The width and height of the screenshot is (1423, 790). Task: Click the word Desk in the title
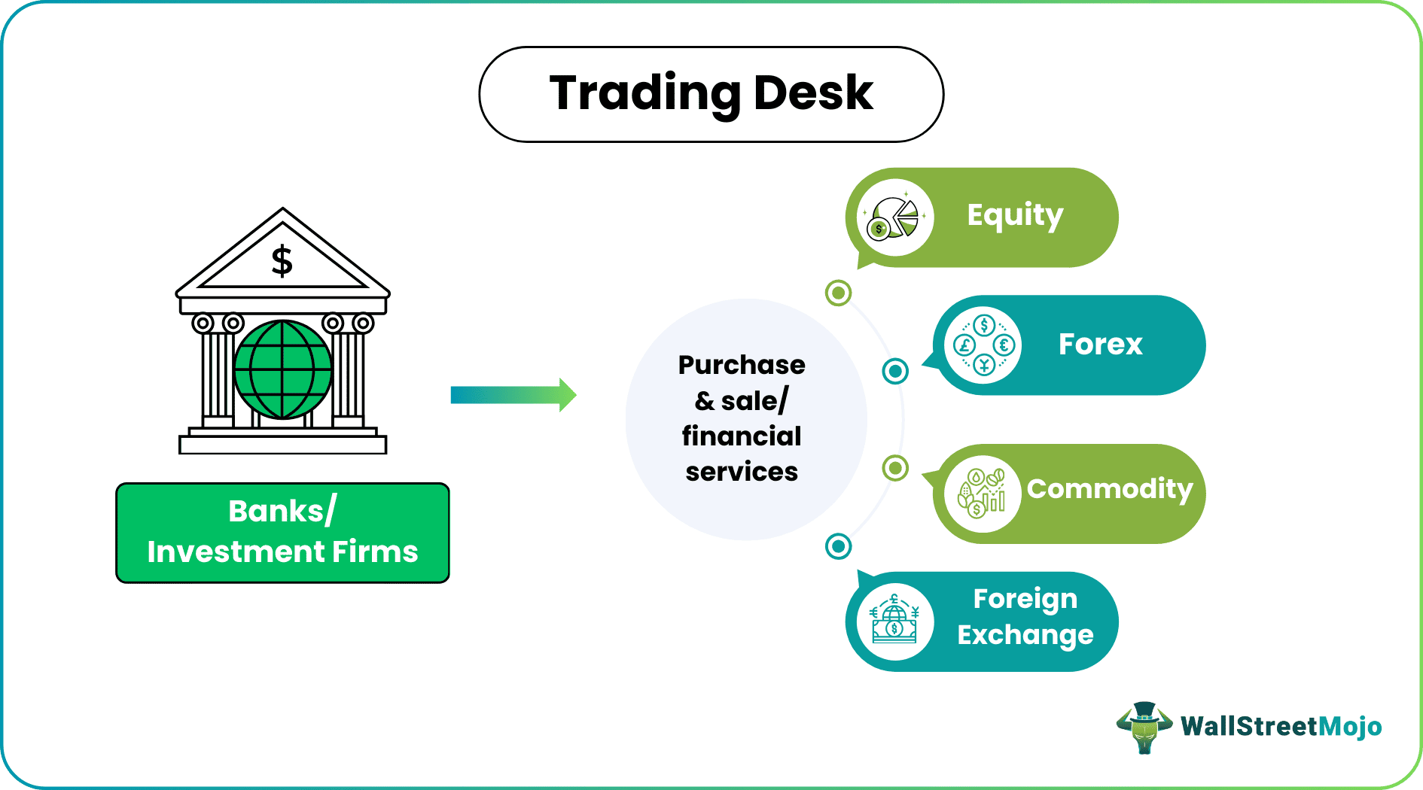[x=813, y=93]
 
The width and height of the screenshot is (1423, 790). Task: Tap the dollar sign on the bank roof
[x=282, y=261]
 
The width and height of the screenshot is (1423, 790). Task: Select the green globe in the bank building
[x=283, y=369]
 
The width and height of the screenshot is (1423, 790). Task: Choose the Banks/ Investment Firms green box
[x=282, y=533]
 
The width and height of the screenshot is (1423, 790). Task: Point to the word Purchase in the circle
[x=742, y=365]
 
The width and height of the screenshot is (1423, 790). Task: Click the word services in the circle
[x=742, y=472]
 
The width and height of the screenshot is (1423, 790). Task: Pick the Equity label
[x=1015, y=215]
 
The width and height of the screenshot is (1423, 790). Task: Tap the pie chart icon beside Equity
[x=894, y=217]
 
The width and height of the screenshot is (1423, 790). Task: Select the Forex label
[x=1100, y=345]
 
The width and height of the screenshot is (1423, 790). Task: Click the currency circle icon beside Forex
[x=983, y=345]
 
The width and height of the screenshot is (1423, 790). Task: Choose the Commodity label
[x=1110, y=489]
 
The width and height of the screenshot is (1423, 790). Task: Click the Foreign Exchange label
[x=1025, y=617]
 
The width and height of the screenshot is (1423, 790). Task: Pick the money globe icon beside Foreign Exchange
[x=894, y=621]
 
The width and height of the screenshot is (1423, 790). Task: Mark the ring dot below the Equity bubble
[x=838, y=293]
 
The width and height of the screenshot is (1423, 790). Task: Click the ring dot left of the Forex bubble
[x=895, y=371]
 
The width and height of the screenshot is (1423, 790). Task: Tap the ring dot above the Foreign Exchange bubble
[x=838, y=546]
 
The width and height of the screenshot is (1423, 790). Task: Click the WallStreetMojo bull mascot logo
[x=1144, y=727]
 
